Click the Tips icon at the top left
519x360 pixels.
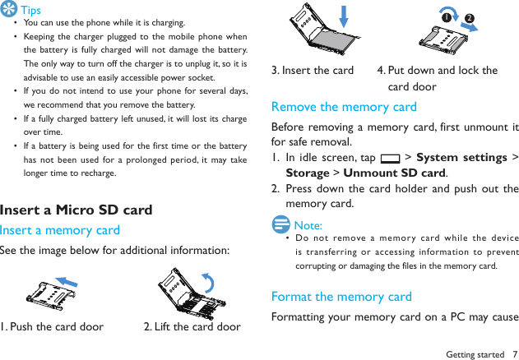[x=9, y=10]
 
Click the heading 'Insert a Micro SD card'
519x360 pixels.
[x=76, y=210]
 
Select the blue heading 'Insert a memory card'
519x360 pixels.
[x=60, y=230]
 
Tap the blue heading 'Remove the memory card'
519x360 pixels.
[x=344, y=107]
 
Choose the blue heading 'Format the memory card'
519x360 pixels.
[x=341, y=297]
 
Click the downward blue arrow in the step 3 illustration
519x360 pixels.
[x=344, y=16]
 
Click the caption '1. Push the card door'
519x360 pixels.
[x=52, y=326]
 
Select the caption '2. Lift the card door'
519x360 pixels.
[x=192, y=326]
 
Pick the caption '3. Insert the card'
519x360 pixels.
[x=313, y=71]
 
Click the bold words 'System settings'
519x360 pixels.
[x=461, y=158]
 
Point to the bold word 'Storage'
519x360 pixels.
[x=308, y=173]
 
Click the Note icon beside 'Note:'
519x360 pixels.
[x=280, y=224]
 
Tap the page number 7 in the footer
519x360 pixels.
[x=513, y=353]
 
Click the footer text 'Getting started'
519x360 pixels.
[x=475, y=353]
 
